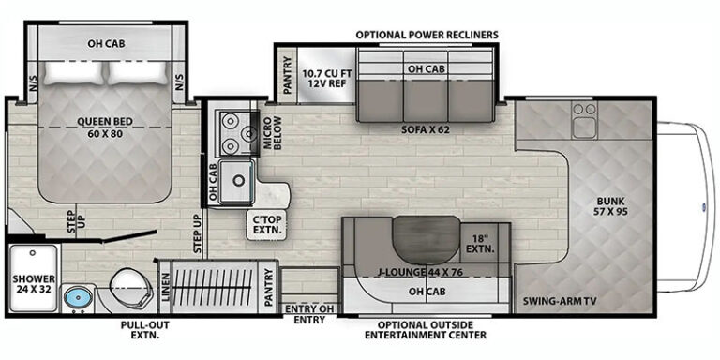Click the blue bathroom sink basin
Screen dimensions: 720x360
pyautogui.click(x=78, y=298)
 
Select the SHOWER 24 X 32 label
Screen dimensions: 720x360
pyautogui.click(x=34, y=284)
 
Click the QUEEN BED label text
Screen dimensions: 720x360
pyautogui.click(x=105, y=122)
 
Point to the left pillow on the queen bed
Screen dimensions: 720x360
pyautogui.click(x=74, y=73)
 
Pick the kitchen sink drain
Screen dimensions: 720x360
pyautogui.click(x=238, y=180)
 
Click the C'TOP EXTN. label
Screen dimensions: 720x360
pyautogui.click(x=266, y=224)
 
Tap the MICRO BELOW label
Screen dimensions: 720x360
pyautogui.click(x=271, y=133)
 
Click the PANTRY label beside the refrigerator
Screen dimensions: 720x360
pyautogui.click(x=288, y=75)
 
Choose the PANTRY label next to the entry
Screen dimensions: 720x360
pyautogui.click(x=269, y=288)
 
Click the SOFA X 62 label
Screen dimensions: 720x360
pyautogui.click(x=425, y=129)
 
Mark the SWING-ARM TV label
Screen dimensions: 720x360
pyautogui.click(x=560, y=301)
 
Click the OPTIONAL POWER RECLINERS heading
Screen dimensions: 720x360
pyautogui.click(x=427, y=35)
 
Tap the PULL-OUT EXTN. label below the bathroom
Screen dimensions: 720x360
pyautogui.click(x=145, y=330)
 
